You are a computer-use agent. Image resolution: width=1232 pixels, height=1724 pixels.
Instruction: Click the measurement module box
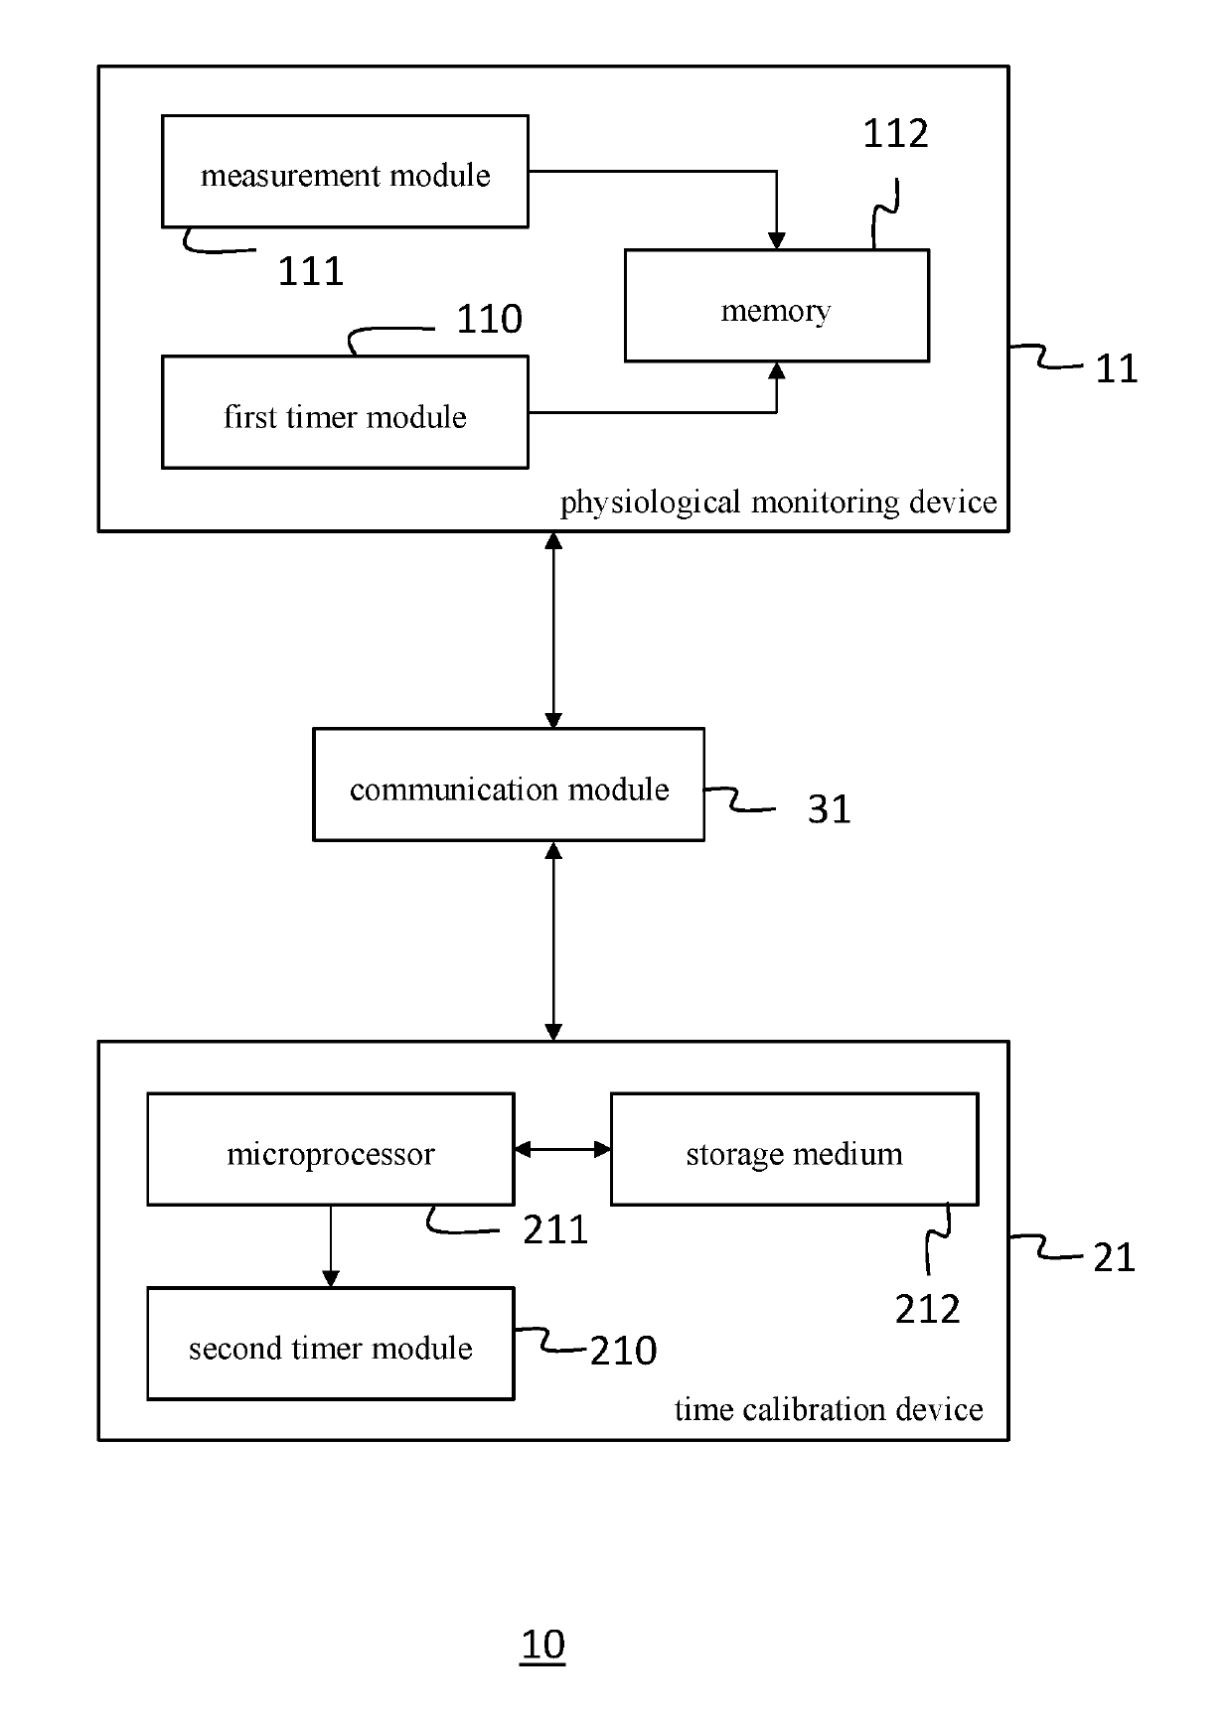click(x=345, y=171)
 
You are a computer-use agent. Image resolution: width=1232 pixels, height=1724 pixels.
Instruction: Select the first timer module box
click(x=345, y=412)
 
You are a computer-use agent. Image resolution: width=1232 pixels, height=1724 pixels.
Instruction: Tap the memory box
click(x=777, y=306)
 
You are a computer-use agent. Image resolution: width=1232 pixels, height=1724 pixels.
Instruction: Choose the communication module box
click(x=509, y=785)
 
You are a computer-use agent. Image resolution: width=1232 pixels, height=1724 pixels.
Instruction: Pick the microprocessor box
click(x=331, y=1149)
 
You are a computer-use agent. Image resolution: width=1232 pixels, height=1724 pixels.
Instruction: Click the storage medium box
click(x=795, y=1149)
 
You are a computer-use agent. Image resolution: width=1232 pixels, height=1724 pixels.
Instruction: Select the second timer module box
click(x=331, y=1344)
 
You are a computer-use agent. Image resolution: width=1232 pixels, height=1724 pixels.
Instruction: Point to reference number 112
click(x=895, y=133)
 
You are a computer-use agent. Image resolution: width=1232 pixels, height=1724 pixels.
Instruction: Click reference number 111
click(x=311, y=271)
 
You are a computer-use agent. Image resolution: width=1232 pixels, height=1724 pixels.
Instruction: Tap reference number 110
click(x=489, y=319)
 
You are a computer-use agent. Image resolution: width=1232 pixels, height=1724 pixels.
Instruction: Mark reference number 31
click(x=829, y=808)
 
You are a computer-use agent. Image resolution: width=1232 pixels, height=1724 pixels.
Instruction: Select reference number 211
click(x=555, y=1230)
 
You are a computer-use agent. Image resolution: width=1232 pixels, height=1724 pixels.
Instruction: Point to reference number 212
click(x=928, y=1310)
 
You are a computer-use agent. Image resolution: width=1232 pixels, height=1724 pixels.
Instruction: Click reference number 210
click(x=624, y=1351)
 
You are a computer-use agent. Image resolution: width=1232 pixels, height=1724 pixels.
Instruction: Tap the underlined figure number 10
click(x=542, y=1645)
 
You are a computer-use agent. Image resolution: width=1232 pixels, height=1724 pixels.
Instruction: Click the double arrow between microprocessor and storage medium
click(x=562, y=1149)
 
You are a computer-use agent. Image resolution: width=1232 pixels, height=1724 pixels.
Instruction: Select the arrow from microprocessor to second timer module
click(x=331, y=1246)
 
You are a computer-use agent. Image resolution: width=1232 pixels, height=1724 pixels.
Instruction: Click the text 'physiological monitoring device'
click(x=778, y=503)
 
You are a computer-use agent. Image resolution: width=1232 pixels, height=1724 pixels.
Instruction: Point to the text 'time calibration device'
click(x=829, y=1409)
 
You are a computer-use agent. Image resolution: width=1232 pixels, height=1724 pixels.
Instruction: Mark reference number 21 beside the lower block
click(x=1114, y=1258)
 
